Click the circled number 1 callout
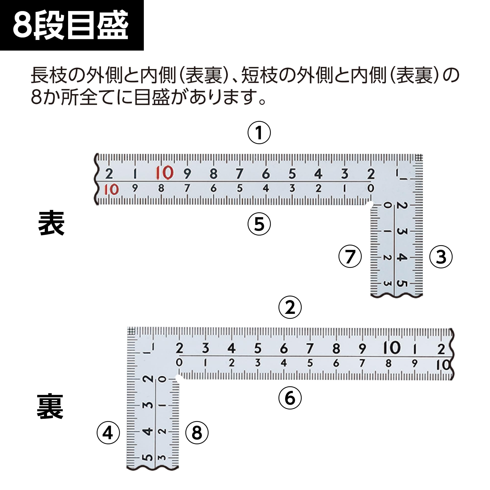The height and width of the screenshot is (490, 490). click(259, 133)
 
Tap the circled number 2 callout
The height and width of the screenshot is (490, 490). click(290, 307)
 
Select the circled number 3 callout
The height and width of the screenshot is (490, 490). click(441, 257)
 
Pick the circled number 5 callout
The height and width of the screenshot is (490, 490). click(259, 224)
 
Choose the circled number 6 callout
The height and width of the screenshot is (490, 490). click(290, 398)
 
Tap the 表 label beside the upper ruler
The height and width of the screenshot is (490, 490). click(51, 223)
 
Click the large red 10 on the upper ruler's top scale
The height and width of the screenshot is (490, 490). click(164, 173)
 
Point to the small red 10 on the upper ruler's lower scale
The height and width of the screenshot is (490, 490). click(111, 189)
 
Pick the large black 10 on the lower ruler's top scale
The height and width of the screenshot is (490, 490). click(392, 347)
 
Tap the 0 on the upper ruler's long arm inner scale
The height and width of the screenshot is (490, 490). click(370, 188)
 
